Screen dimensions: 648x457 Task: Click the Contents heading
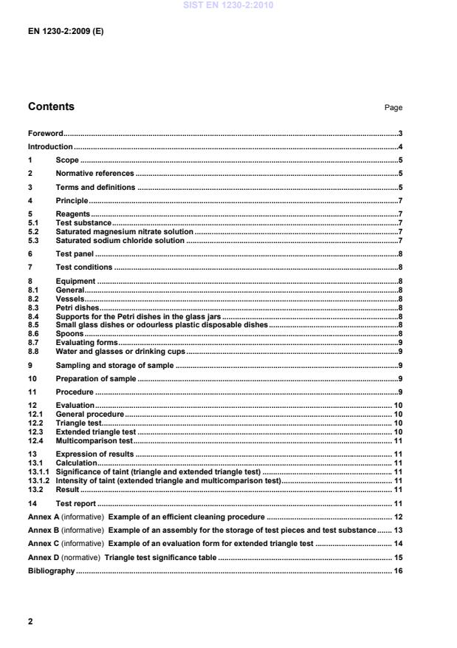coord(51,107)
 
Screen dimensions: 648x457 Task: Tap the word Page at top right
coord(393,108)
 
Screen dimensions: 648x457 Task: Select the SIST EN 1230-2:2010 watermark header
coord(228,6)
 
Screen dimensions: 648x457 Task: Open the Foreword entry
coord(45,134)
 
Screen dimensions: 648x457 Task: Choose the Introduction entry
coord(50,147)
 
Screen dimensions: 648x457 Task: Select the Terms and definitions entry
coord(95,188)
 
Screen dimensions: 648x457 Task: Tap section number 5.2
coord(33,231)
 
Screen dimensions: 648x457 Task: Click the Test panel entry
coord(75,253)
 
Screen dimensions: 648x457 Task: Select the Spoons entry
coord(69,334)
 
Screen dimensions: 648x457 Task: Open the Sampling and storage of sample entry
coord(114,365)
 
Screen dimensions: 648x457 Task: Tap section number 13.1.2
coord(38,480)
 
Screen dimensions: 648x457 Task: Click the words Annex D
coord(43,558)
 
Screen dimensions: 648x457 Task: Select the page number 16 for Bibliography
coord(397,571)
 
